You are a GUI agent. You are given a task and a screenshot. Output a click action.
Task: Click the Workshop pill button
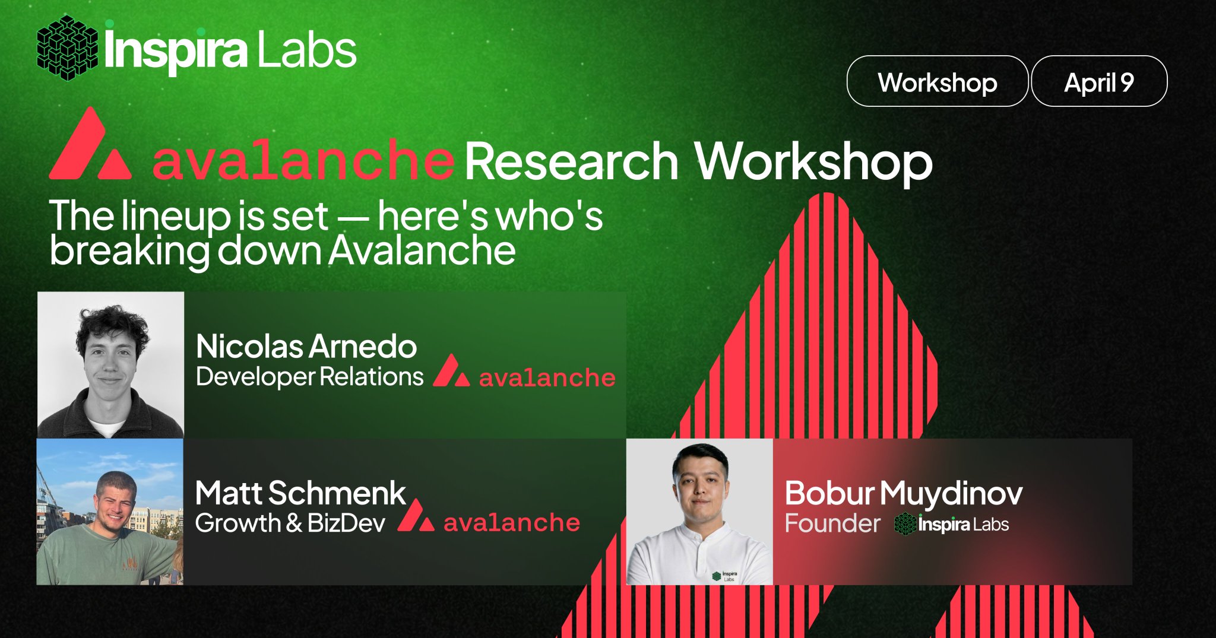(937, 81)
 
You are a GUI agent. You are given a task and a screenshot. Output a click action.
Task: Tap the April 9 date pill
(1099, 81)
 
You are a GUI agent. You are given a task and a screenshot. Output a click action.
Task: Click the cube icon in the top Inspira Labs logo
(67, 48)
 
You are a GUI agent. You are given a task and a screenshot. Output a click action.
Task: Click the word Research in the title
(571, 161)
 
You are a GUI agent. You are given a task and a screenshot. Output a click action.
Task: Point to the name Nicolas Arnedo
(306, 346)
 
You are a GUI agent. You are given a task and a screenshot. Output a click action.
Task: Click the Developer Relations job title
(309, 377)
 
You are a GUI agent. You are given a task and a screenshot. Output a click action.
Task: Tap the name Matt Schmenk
(300, 493)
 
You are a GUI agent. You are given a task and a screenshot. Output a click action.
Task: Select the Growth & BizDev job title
(290, 523)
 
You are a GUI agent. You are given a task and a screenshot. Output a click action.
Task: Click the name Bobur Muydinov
(904, 493)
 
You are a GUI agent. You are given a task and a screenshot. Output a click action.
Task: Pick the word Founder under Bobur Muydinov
(832, 523)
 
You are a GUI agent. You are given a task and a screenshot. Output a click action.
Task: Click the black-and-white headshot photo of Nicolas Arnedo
(110, 364)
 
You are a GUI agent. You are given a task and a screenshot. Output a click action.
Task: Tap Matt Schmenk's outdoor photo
(110, 512)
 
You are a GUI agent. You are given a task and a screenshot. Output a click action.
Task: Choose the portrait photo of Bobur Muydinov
(699, 512)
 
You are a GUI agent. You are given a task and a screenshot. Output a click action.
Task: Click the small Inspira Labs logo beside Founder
(951, 524)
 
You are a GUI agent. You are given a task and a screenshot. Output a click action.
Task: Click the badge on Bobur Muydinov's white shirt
(725, 576)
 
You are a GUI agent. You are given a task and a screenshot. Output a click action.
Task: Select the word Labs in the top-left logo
(306, 50)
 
